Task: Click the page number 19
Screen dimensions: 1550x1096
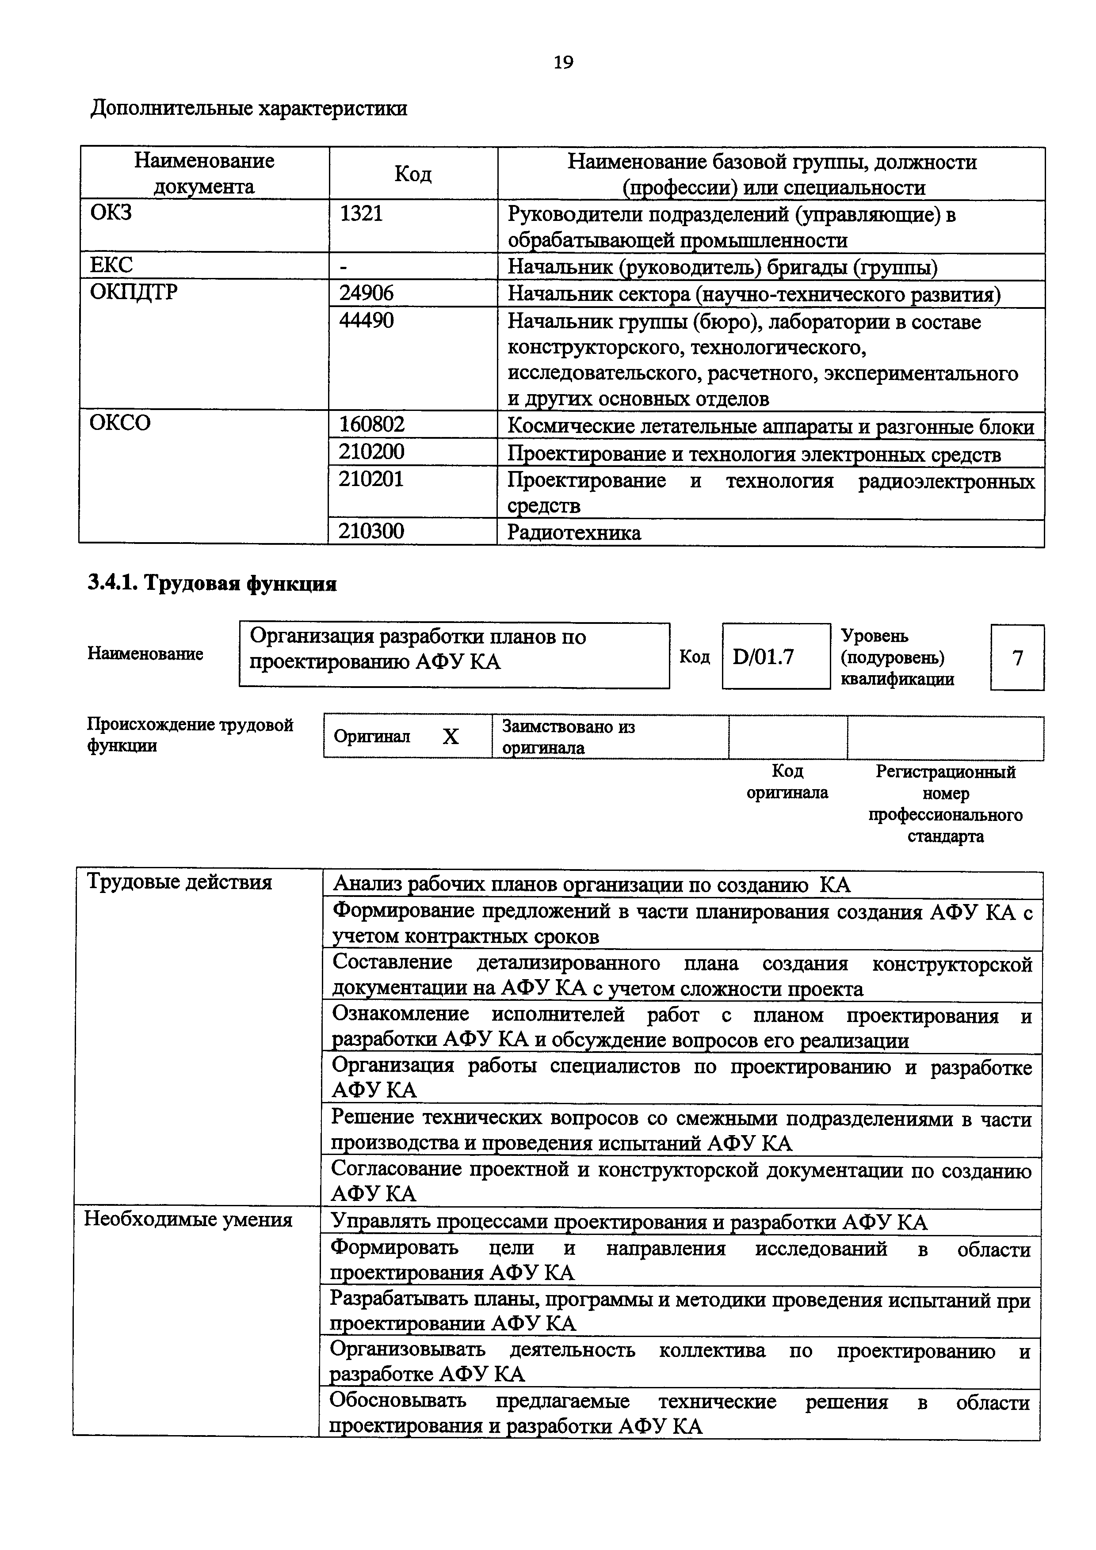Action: pos(563,63)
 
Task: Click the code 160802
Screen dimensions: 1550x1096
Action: pos(371,425)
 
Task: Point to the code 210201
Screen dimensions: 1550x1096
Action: pos(371,479)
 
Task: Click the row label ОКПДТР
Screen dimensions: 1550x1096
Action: pos(134,293)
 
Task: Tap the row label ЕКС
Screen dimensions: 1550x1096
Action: pos(111,265)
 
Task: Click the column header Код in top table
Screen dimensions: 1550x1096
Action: pos(412,174)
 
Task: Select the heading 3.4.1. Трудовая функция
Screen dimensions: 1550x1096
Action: pos(212,583)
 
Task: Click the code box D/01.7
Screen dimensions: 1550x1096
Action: pos(763,656)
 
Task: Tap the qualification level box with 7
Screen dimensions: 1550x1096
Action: pos(1017,657)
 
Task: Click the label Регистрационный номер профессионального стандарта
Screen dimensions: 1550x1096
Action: pos(945,803)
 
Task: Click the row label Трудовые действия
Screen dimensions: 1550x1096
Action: pos(179,882)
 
